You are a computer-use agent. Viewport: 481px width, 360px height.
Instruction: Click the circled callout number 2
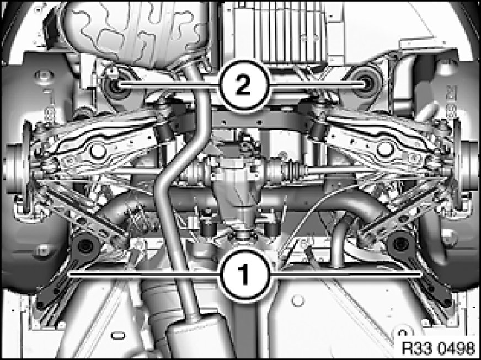pos(245,87)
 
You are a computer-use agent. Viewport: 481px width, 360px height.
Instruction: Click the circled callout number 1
pos(245,274)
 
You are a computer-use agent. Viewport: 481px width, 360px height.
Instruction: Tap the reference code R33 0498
pos(438,348)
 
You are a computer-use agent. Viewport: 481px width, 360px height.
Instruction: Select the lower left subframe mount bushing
pos(85,246)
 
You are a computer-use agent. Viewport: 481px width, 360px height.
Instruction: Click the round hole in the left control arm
pos(97,151)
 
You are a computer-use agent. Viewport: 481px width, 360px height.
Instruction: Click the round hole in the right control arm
pos(385,149)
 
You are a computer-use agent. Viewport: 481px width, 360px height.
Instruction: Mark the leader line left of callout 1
pos(145,275)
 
